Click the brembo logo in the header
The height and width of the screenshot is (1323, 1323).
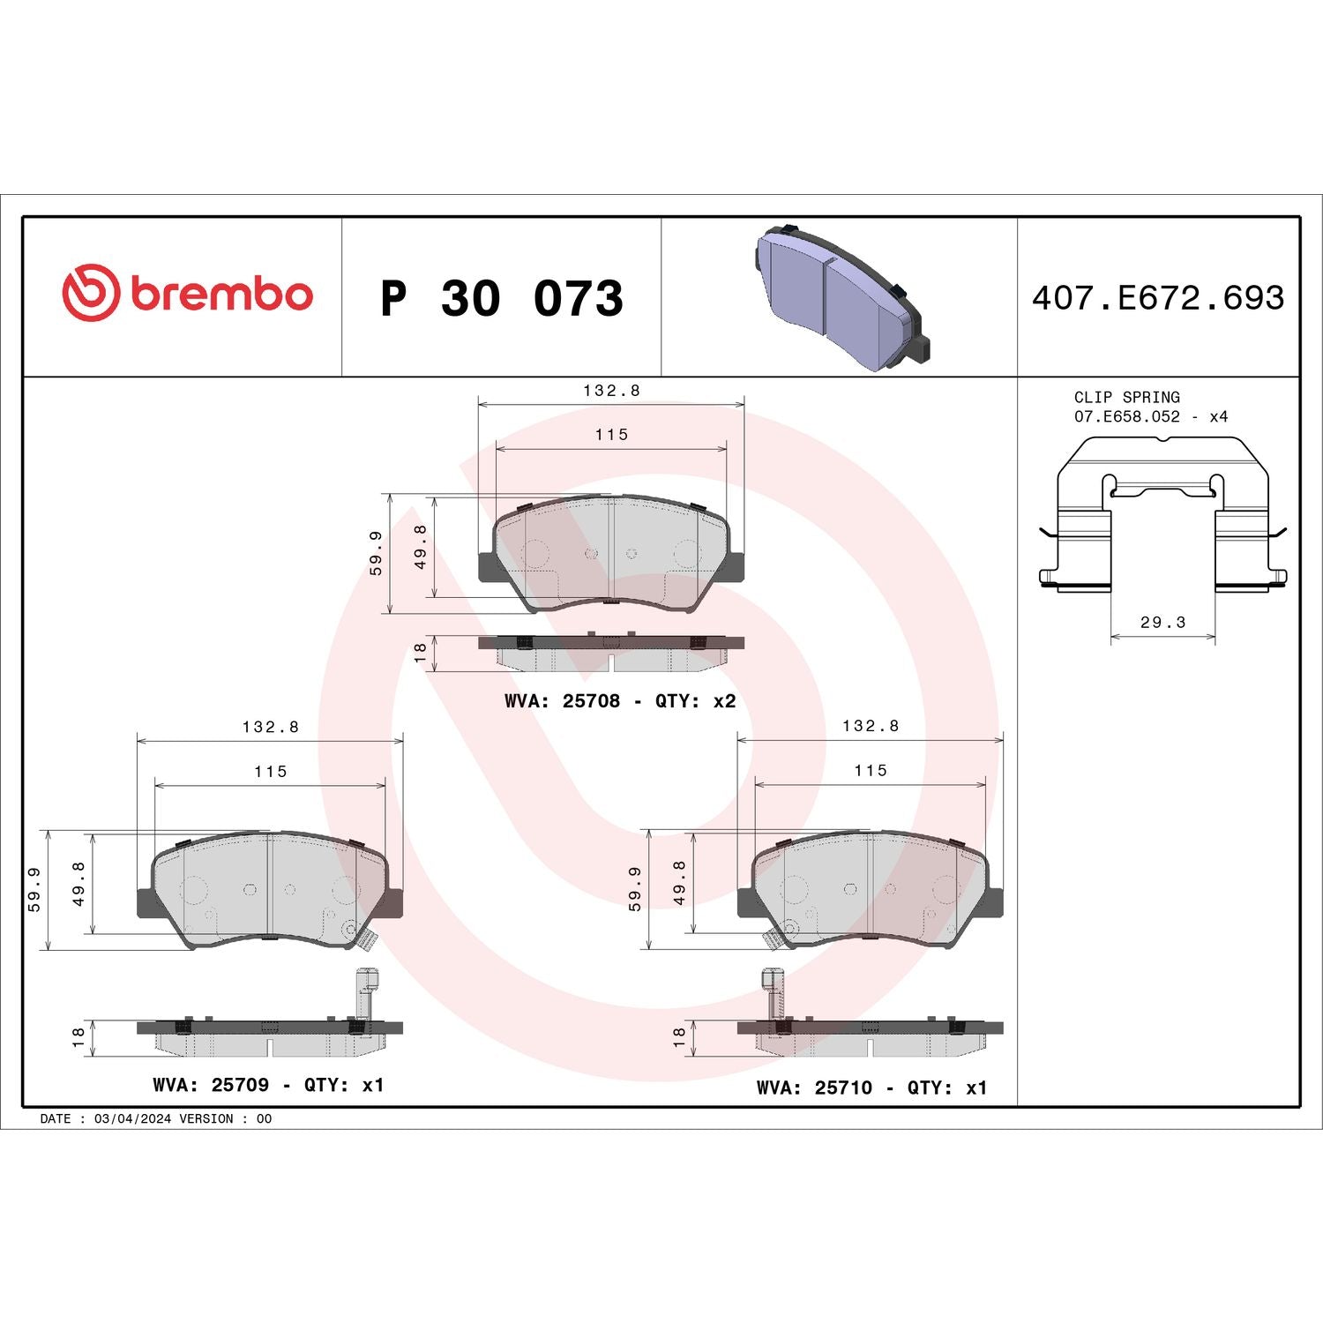click(187, 293)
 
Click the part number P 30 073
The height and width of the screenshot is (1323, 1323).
click(501, 298)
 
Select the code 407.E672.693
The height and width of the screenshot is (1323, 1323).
click(1157, 298)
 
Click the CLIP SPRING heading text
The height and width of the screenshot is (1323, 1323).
click(1126, 397)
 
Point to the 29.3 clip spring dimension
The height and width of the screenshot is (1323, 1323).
click(1162, 622)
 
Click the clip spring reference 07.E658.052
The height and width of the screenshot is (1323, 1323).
click(1126, 416)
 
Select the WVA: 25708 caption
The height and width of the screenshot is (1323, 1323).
click(562, 701)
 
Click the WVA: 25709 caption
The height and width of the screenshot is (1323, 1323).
click(211, 1085)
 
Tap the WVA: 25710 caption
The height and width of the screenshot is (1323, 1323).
click(814, 1088)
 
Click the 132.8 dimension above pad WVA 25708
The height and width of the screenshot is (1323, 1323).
click(611, 390)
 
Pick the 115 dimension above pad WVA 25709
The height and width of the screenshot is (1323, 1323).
click(271, 771)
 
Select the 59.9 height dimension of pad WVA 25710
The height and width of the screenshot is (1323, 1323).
click(635, 889)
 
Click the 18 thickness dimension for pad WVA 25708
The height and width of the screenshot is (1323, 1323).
click(420, 652)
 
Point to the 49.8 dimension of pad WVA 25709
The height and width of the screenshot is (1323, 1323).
click(78, 883)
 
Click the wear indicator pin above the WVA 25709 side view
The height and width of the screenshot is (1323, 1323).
click(366, 992)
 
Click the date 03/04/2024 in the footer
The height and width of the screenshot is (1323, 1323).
click(132, 1118)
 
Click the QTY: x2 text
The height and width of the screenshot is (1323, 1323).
click(695, 701)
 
